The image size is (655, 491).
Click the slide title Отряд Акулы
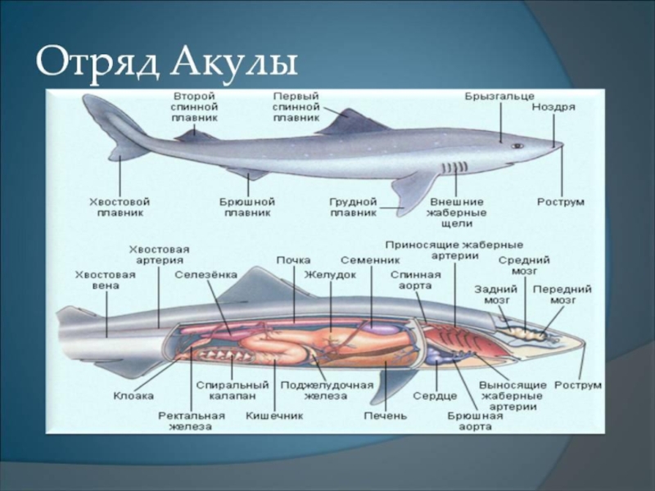[166, 62]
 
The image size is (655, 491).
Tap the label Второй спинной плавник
[194, 106]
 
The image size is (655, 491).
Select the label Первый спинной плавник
[296, 106]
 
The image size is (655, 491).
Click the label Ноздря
[553, 106]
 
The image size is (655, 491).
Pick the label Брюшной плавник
[246, 206]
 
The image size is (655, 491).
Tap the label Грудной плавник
[353, 206]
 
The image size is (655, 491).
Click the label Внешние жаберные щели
[456, 211]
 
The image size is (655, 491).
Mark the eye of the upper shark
[517, 146]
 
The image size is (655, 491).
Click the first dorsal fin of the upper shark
[352, 124]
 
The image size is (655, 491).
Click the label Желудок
[330, 275]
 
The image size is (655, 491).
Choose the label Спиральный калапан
[233, 390]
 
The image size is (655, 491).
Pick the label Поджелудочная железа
[327, 390]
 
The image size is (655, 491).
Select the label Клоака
[133, 395]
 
